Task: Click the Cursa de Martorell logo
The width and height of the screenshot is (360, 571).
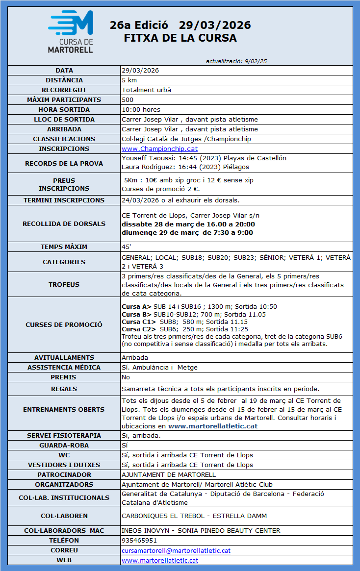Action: coord(71,32)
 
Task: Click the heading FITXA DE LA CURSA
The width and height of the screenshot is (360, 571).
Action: coord(180,38)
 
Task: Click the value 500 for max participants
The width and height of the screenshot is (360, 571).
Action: coord(128,99)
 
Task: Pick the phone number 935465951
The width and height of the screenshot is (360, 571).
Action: coord(139,541)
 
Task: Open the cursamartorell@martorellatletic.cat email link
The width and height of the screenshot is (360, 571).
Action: coord(176,550)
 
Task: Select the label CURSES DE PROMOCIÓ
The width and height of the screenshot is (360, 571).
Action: coord(64,324)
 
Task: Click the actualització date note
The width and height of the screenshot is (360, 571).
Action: coord(236,61)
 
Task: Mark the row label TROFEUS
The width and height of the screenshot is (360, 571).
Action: coord(64,284)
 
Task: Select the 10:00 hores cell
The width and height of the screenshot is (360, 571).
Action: coord(141,109)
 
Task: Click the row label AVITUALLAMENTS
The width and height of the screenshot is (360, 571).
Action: coord(64,357)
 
